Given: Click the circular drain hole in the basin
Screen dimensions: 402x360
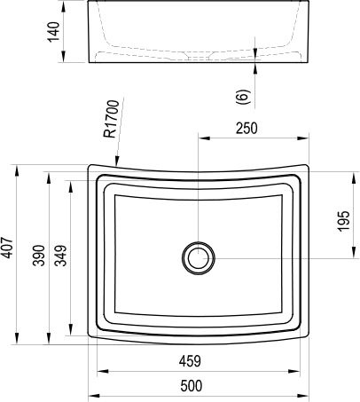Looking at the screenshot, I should point(198,258).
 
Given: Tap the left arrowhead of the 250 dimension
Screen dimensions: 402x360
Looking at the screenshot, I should point(200,139).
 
